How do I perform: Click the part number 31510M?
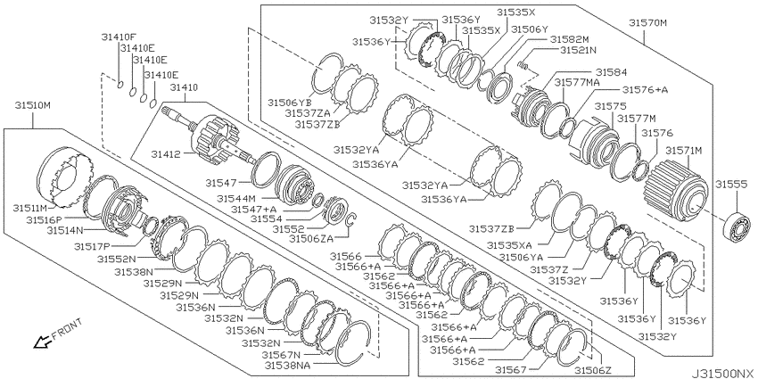32,105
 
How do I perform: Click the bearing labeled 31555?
737,225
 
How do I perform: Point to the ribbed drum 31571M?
676,190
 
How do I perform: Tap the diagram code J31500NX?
722,374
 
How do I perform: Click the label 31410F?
119,37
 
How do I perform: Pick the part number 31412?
165,154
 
